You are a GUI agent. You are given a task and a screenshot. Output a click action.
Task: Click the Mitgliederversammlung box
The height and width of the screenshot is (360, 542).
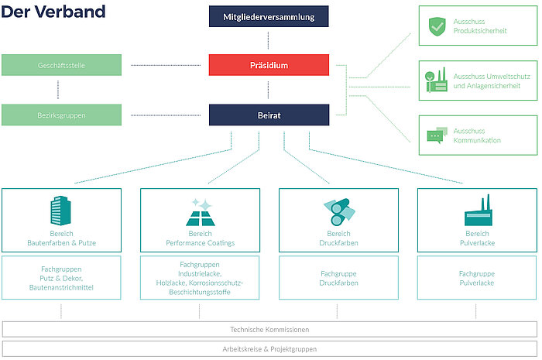tap(269, 16)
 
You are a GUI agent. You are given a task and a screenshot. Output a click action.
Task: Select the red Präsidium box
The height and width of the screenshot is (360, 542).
tap(269, 65)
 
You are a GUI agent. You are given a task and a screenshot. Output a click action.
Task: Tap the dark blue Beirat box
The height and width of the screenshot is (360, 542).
tap(269, 115)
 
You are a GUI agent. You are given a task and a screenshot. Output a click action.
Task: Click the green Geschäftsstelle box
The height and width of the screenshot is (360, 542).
tap(61, 65)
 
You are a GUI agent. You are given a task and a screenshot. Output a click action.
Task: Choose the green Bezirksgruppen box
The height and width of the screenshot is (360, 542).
tap(61, 115)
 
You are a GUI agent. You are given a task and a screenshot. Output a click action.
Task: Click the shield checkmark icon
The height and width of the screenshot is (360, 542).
tap(437, 26)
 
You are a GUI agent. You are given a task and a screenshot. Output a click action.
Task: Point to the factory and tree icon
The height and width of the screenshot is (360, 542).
tap(436, 81)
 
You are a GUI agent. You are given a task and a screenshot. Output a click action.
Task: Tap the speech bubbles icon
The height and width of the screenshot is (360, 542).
tap(437, 135)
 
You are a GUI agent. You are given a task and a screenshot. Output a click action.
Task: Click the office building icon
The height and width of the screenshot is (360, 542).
tap(61, 211)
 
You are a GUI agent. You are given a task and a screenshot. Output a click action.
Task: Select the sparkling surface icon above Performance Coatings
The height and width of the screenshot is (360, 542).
tap(201, 212)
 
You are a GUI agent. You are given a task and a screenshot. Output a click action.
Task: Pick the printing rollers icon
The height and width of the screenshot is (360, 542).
tap(339, 212)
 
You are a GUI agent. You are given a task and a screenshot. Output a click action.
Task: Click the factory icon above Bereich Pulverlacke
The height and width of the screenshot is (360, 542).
tap(479, 210)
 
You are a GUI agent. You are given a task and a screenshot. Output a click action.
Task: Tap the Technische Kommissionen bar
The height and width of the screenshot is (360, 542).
tap(269, 330)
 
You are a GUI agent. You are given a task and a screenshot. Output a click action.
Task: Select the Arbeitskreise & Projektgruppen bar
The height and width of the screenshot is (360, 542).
tap(269, 349)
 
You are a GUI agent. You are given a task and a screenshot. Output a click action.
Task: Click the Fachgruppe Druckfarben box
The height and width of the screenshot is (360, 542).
tap(339, 278)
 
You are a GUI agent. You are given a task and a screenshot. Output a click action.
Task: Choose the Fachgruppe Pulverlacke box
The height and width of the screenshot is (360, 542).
tap(477, 278)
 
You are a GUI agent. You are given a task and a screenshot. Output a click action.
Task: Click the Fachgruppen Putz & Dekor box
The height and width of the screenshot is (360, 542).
tap(61, 278)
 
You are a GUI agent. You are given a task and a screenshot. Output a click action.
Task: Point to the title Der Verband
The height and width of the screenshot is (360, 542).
tap(53, 12)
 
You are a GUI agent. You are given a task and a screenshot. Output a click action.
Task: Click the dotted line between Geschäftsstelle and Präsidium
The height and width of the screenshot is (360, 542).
tap(166, 65)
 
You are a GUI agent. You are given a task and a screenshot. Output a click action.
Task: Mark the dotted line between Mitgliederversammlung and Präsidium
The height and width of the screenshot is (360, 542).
tap(268, 40)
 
